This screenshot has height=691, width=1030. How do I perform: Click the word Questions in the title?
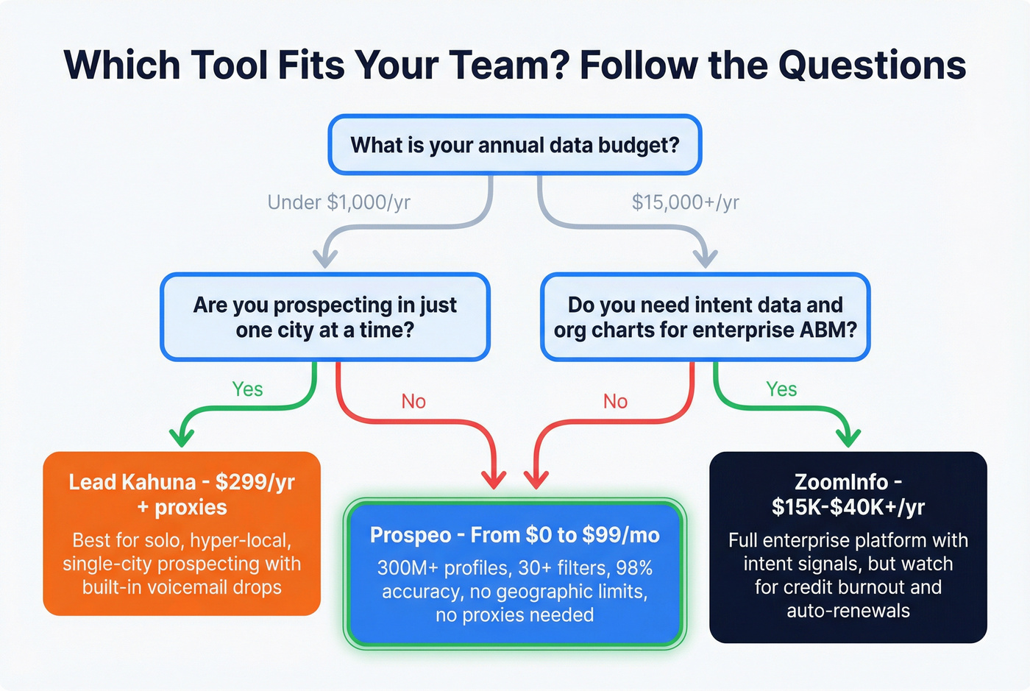click(x=872, y=65)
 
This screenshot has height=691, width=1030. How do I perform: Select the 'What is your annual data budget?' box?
click(x=514, y=145)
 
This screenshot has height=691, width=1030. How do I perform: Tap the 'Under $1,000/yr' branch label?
click(x=338, y=202)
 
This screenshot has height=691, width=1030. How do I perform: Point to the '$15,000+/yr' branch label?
click(x=685, y=202)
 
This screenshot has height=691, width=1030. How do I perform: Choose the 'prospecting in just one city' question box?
click(x=324, y=317)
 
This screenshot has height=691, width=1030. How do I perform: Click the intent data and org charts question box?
click(x=705, y=317)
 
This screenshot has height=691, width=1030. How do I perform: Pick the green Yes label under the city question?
click(x=247, y=389)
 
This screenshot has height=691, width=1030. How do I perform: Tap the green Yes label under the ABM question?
click(x=781, y=389)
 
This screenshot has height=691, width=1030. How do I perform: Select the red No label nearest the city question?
click(x=413, y=401)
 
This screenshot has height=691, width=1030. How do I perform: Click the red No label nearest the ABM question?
click(x=615, y=401)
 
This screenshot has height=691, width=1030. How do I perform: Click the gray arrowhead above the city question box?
click(x=324, y=258)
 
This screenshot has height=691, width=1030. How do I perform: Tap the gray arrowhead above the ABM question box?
click(x=706, y=258)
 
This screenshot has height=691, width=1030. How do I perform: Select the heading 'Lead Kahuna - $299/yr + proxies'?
click(x=182, y=495)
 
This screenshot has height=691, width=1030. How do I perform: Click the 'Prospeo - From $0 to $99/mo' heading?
click(x=514, y=535)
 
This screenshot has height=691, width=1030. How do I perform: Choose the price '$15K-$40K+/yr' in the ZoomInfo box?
click(x=848, y=507)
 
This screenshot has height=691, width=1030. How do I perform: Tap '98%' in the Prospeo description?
click(x=633, y=568)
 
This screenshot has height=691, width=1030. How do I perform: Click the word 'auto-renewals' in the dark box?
click(x=848, y=611)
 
